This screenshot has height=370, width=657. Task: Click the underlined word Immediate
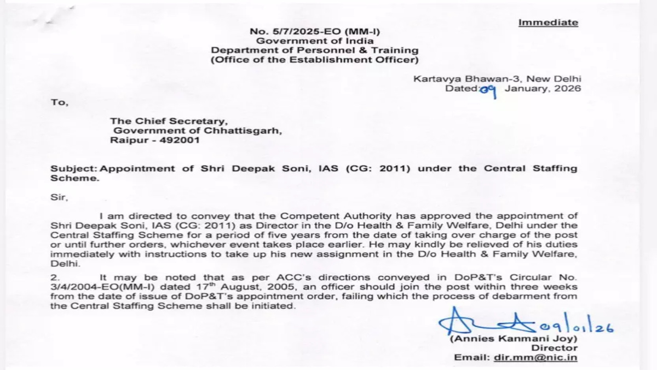coord(548,22)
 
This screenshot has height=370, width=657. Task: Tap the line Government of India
coord(315,41)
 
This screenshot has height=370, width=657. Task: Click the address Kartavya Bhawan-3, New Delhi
coord(497,79)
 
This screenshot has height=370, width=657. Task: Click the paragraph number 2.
coord(54,278)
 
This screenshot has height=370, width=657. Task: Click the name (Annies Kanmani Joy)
coord(513,339)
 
